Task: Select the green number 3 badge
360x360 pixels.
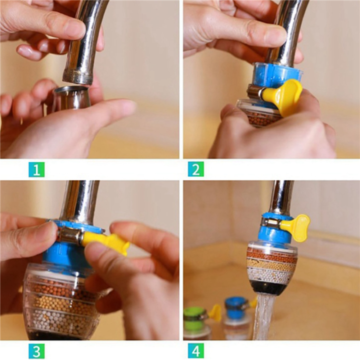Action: [36, 350]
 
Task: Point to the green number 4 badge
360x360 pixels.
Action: [195, 350]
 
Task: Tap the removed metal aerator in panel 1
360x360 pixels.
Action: [71, 97]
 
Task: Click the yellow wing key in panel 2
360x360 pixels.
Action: [283, 96]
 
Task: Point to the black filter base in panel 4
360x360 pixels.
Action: [272, 287]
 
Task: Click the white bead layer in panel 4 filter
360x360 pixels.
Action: [272, 274]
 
